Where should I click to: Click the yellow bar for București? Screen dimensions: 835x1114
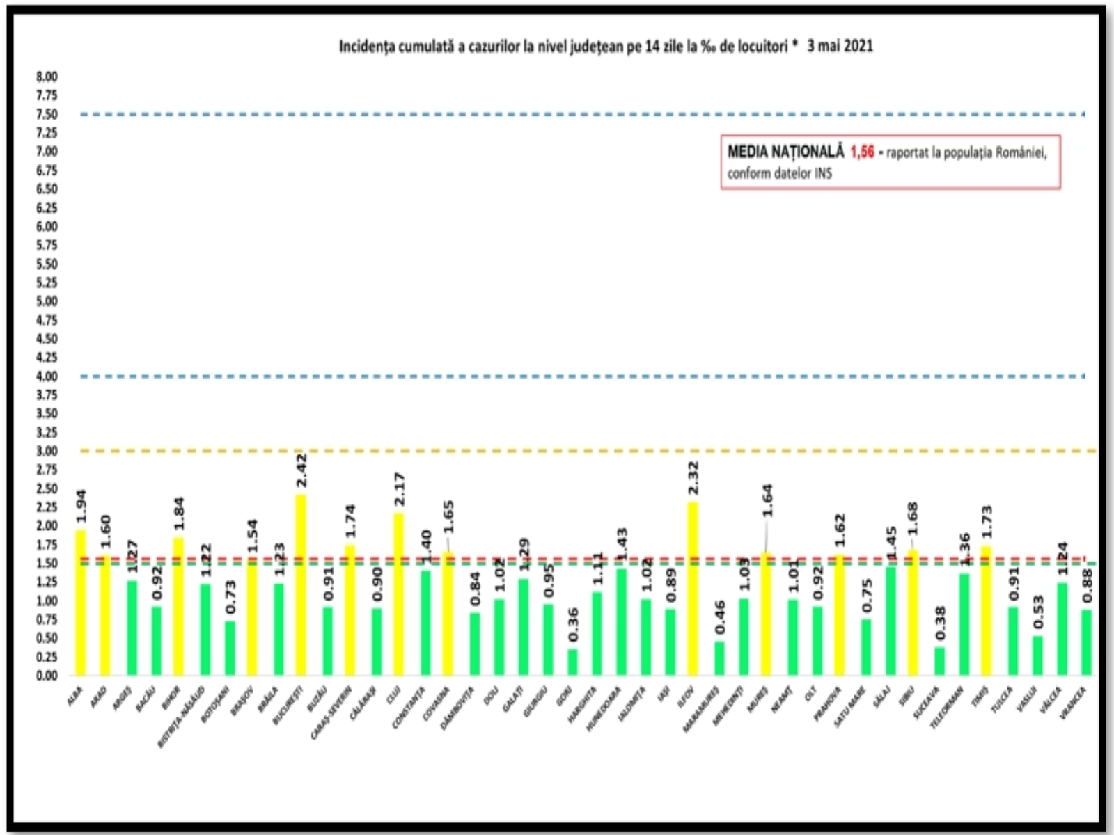(x=301, y=584)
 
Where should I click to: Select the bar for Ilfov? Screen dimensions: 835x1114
(x=693, y=588)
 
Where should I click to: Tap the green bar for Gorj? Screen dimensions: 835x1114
(x=572, y=662)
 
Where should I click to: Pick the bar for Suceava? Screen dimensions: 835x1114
(x=939, y=661)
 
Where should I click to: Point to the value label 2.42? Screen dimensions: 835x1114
(x=301, y=472)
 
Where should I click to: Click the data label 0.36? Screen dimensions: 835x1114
(x=572, y=625)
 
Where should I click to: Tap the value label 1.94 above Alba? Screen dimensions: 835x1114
(x=80, y=507)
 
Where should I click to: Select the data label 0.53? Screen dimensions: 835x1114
(x=1037, y=612)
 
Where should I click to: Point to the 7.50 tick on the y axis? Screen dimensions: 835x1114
(x=47, y=114)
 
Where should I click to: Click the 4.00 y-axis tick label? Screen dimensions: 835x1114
(x=47, y=376)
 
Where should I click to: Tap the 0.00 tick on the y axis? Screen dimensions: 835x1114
(x=47, y=676)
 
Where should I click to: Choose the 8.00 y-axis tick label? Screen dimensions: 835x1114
(x=47, y=77)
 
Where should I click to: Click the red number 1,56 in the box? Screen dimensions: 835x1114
(x=862, y=152)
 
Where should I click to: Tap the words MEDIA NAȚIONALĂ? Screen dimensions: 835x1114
(x=785, y=152)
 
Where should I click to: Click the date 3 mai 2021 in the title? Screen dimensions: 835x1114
(x=840, y=47)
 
